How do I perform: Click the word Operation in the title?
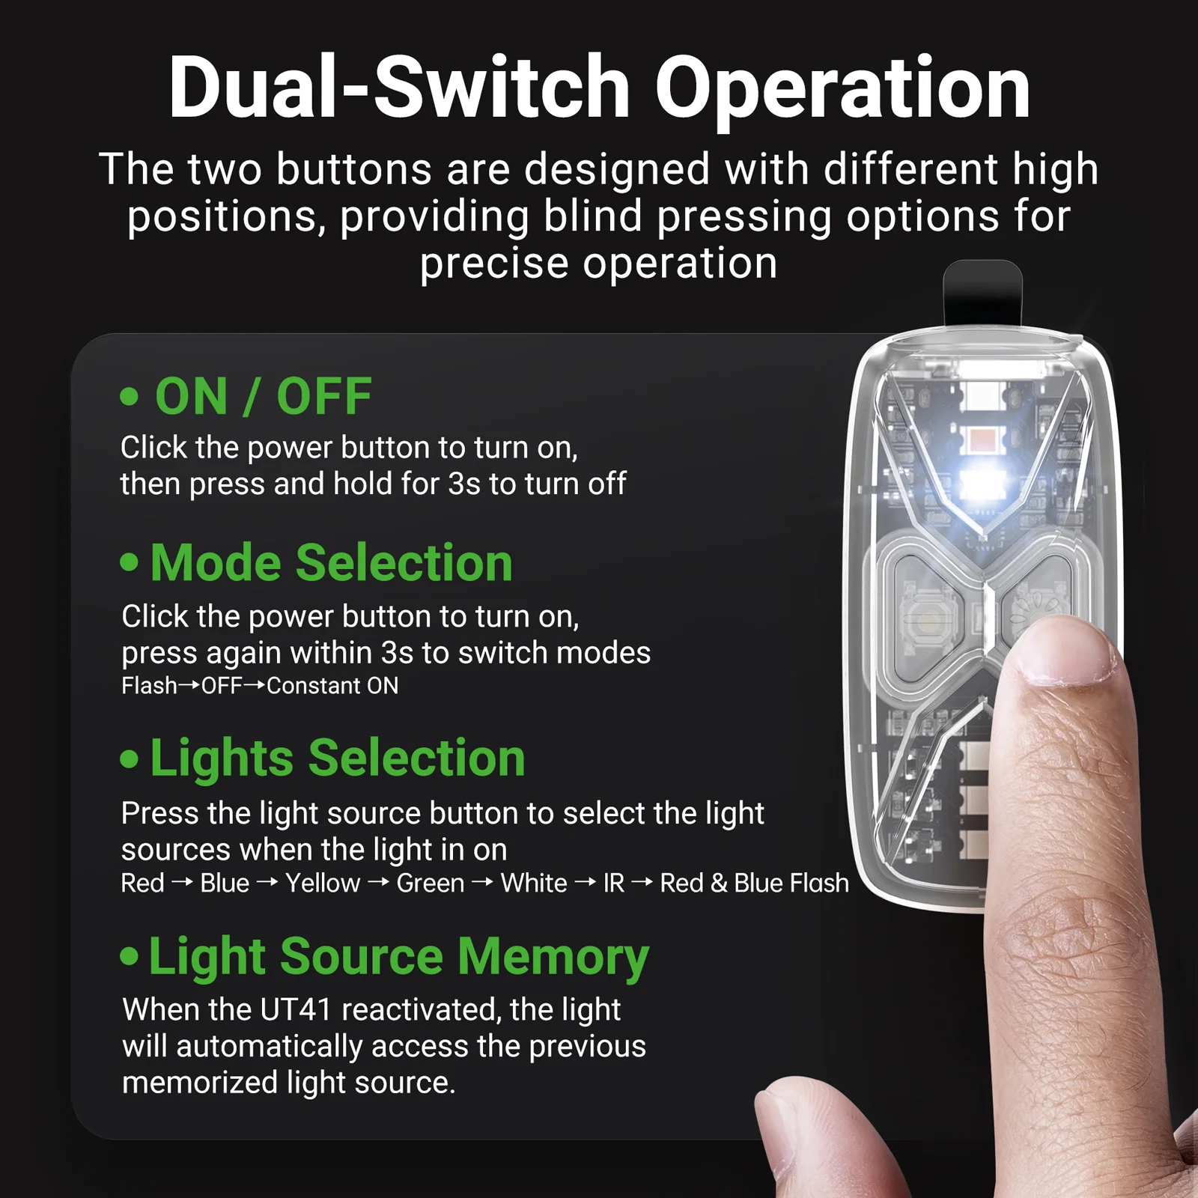click(842, 88)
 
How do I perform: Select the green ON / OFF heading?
click(264, 396)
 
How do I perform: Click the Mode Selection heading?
click(332, 562)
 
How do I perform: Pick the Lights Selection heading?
click(338, 758)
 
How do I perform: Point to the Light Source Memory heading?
click(399, 958)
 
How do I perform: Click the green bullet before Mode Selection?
click(130, 562)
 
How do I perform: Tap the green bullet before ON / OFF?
click(130, 396)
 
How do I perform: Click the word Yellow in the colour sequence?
click(323, 884)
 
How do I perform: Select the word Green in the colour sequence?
click(431, 884)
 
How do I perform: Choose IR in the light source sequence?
click(614, 884)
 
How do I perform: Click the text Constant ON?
click(332, 686)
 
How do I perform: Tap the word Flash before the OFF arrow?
click(149, 686)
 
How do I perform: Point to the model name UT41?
click(295, 1010)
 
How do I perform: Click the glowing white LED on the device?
click(981, 483)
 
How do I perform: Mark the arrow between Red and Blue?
click(182, 884)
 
